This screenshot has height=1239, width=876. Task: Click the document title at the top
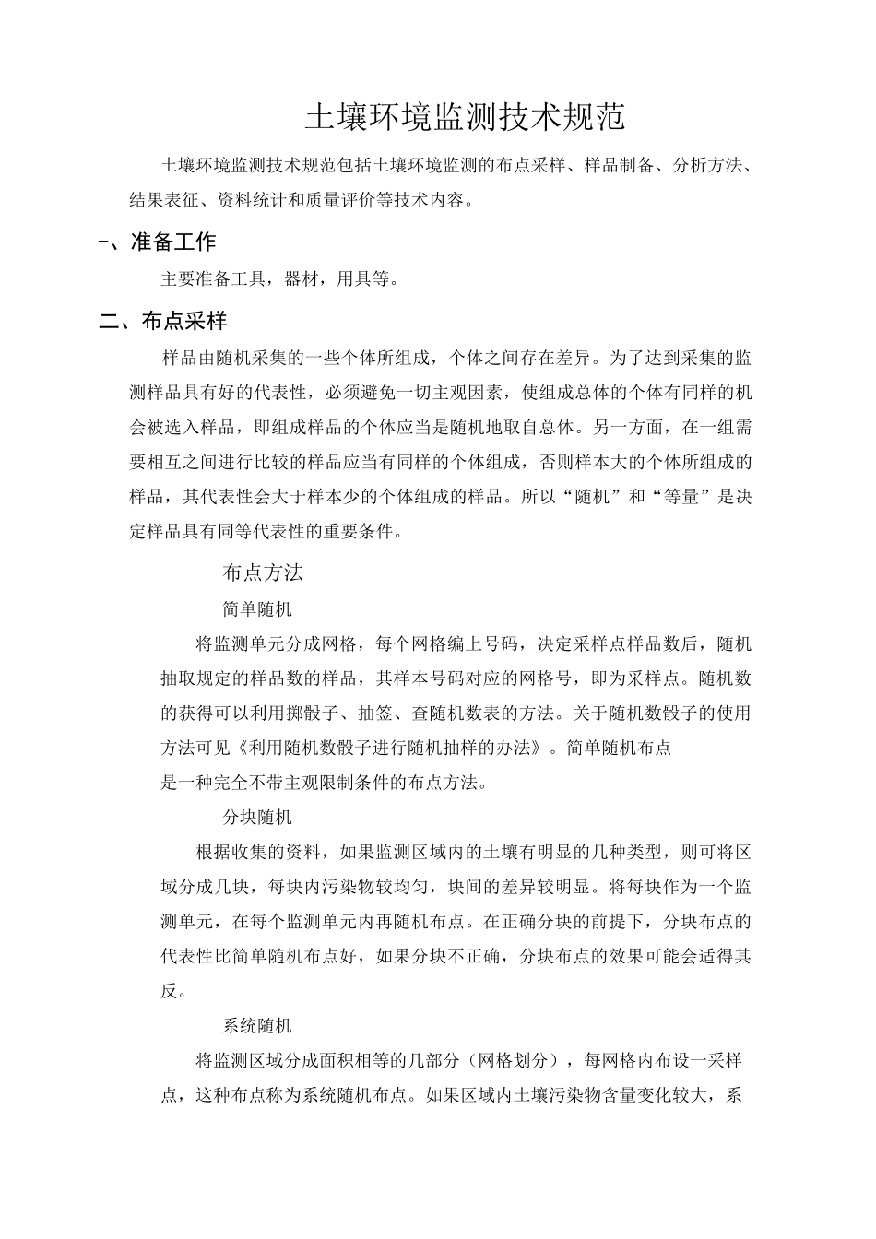[x=466, y=118]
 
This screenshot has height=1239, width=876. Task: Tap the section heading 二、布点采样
[x=164, y=321]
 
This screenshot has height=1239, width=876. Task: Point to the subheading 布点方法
[x=263, y=572]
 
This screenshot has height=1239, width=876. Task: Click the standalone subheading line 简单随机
[x=257, y=608]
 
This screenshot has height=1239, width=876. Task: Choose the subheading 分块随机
[x=257, y=817]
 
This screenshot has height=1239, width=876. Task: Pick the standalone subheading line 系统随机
[x=257, y=1025]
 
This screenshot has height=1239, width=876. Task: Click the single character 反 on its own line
[x=169, y=991]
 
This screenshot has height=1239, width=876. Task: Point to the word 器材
[x=302, y=278]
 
